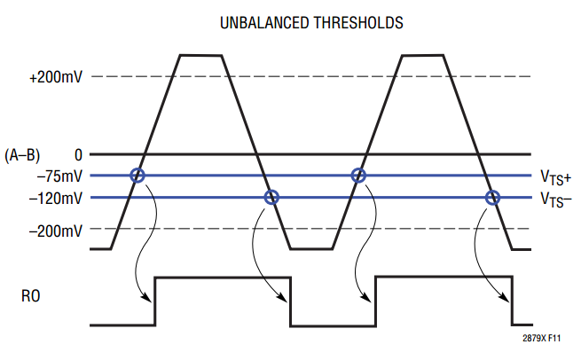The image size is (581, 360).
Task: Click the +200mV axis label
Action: pos(56,77)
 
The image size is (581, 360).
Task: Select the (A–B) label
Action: pos(22,153)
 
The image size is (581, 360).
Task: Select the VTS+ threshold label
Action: pos(555,176)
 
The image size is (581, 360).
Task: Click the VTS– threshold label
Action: pos(555,199)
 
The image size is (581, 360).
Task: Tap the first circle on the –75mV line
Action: pos(137,176)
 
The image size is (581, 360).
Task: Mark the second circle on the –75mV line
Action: pos(358,176)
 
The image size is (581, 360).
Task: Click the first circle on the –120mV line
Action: pos(272,197)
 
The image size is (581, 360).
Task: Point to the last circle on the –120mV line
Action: pos(493,197)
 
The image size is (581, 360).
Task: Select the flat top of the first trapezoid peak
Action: pos(200,56)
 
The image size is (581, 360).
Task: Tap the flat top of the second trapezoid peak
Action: pos(420,56)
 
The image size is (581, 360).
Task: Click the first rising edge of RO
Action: pos(156,301)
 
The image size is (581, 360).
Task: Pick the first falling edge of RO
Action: pos(290,301)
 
